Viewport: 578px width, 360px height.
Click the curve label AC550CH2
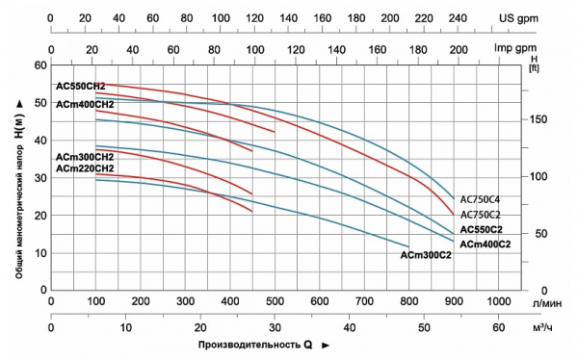(x=81, y=87)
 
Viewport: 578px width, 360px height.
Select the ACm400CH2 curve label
(x=85, y=104)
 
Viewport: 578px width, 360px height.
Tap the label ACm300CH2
(x=85, y=157)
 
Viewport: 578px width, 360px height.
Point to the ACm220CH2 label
(x=85, y=168)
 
